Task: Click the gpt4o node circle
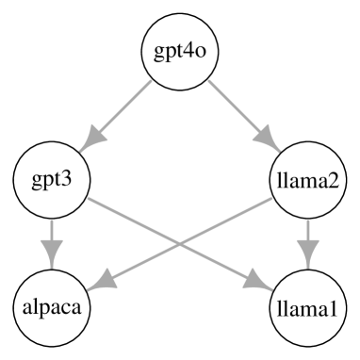179,51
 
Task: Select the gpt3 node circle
51,179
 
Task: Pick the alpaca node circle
51,307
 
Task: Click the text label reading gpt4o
179,51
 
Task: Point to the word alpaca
51,307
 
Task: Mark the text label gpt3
51,179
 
